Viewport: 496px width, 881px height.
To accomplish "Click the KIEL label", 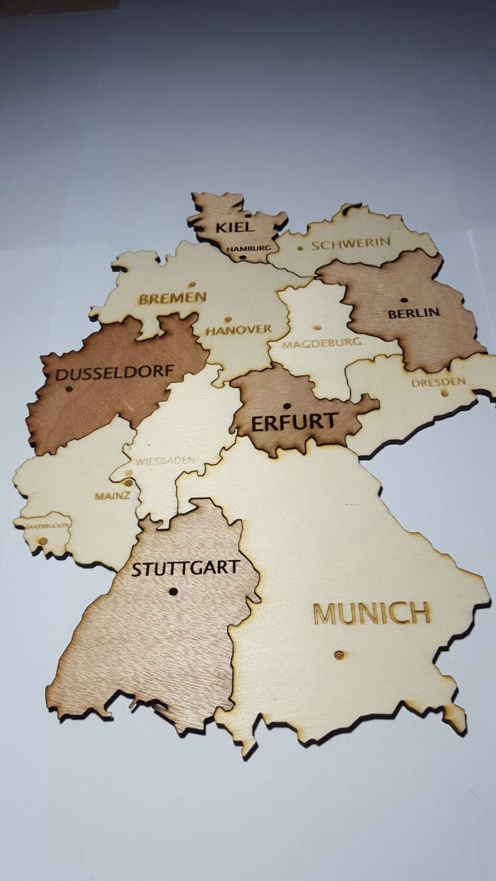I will (x=234, y=227).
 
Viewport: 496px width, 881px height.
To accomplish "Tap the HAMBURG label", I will (x=248, y=248).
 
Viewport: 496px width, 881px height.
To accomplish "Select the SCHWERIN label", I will (x=351, y=243).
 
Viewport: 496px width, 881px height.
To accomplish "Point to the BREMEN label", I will (x=172, y=299).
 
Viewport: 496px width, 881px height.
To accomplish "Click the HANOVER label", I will (x=238, y=330).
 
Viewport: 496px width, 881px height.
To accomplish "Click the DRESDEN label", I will (x=438, y=382).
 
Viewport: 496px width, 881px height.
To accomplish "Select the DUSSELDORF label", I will (x=114, y=373).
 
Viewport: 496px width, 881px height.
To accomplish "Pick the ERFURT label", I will (x=295, y=422).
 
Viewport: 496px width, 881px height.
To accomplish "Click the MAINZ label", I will (x=112, y=496).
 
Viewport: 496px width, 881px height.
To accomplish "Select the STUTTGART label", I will (x=185, y=569).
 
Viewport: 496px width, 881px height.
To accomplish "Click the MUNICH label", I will (x=371, y=614).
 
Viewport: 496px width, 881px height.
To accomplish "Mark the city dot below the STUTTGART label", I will (x=173, y=591).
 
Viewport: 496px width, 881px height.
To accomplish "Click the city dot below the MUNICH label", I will (x=339, y=655).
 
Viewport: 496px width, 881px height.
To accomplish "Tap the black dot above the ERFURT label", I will (x=287, y=406).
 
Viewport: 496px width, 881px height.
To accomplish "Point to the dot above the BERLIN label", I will (x=404, y=300).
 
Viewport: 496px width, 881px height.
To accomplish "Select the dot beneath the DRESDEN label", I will (x=445, y=393).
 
